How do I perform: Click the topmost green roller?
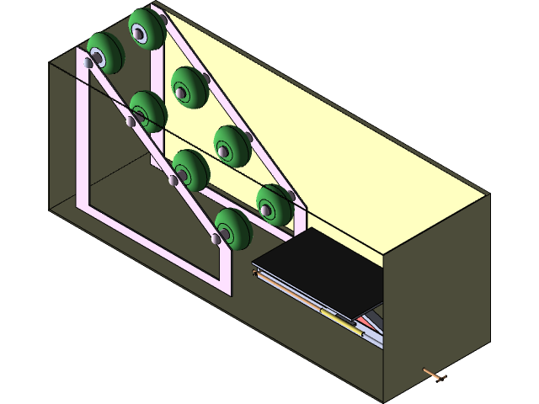[145, 29]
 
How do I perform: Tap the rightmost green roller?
[275, 203]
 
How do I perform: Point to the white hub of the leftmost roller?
[98, 57]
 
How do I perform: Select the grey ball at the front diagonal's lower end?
[215, 240]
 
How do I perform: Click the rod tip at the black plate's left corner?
[256, 272]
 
